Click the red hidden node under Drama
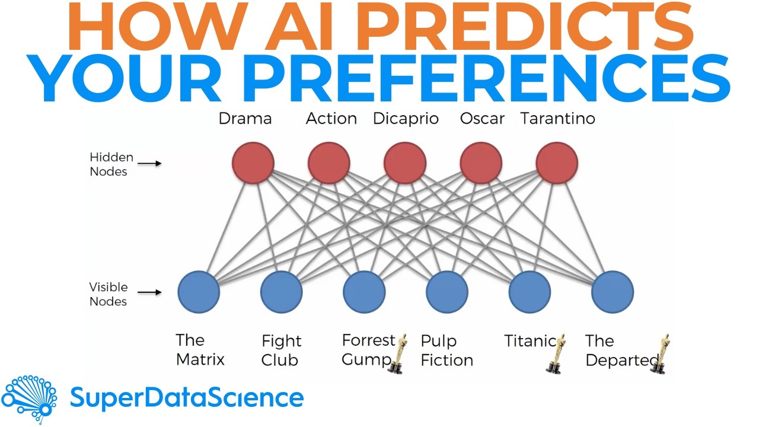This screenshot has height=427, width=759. pyautogui.click(x=253, y=163)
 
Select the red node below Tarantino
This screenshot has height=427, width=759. pyautogui.click(x=557, y=163)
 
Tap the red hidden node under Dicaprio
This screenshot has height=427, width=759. pyautogui.click(x=405, y=163)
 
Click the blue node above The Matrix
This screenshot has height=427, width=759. pyautogui.click(x=199, y=292)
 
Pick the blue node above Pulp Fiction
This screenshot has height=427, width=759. pyautogui.click(x=447, y=292)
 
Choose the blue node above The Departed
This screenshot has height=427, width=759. pyautogui.click(x=613, y=292)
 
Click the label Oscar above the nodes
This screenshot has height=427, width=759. pyautogui.click(x=482, y=119)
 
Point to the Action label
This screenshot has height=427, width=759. pyautogui.click(x=331, y=119)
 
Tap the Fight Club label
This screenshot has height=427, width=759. pyautogui.click(x=281, y=350)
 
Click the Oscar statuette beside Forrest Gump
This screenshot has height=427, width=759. pyautogui.click(x=397, y=354)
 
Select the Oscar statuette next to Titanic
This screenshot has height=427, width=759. pyautogui.click(x=556, y=354)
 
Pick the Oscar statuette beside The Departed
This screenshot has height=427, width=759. pyautogui.click(x=660, y=354)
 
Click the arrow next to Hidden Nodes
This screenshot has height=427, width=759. pyautogui.click(x=149, y=164)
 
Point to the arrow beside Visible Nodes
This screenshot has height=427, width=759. pyautogui.click(x=149, y=292)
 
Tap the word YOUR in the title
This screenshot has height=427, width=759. pyautogui.click(x=124, y=78)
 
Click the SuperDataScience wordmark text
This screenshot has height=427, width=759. pyautogui.click(x=187, y=398)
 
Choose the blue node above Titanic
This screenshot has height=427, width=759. pyautogui.click(x=530, y=292)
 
